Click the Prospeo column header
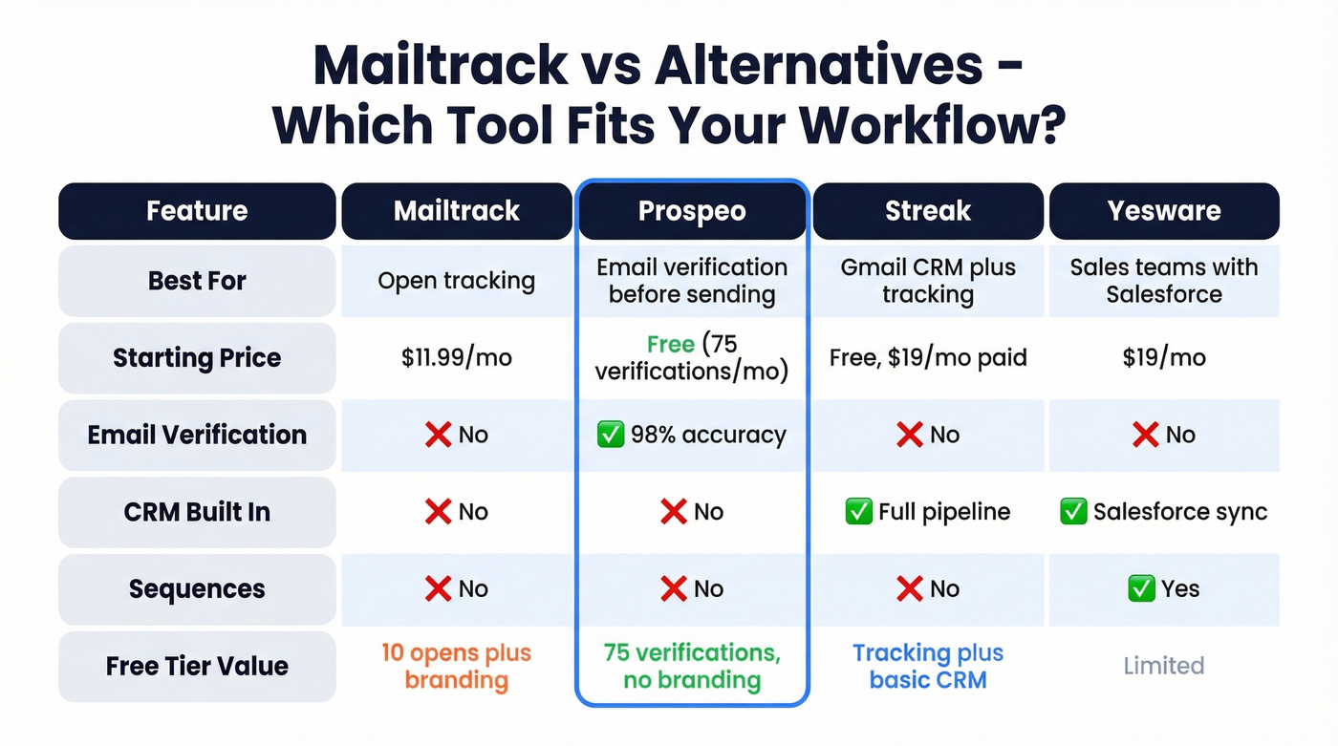point(692,211)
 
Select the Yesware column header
point(1164,211)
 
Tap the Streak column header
point(928,211)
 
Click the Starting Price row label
point(197,358)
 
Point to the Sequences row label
point(197,589)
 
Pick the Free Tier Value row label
point(197,666)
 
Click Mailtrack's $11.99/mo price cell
point(457,358)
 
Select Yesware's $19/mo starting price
point(1164,358)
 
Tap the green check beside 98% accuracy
point(610,436)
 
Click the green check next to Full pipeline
point(858,512)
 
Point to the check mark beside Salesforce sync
point(1073,512)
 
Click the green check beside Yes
point(1141,589)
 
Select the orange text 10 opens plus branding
point(457,666)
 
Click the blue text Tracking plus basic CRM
point(928,666)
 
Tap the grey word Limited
point(1164,666)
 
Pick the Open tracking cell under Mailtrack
point(457,281)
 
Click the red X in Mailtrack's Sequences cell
point(438,589)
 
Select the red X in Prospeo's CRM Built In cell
point(673,512)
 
